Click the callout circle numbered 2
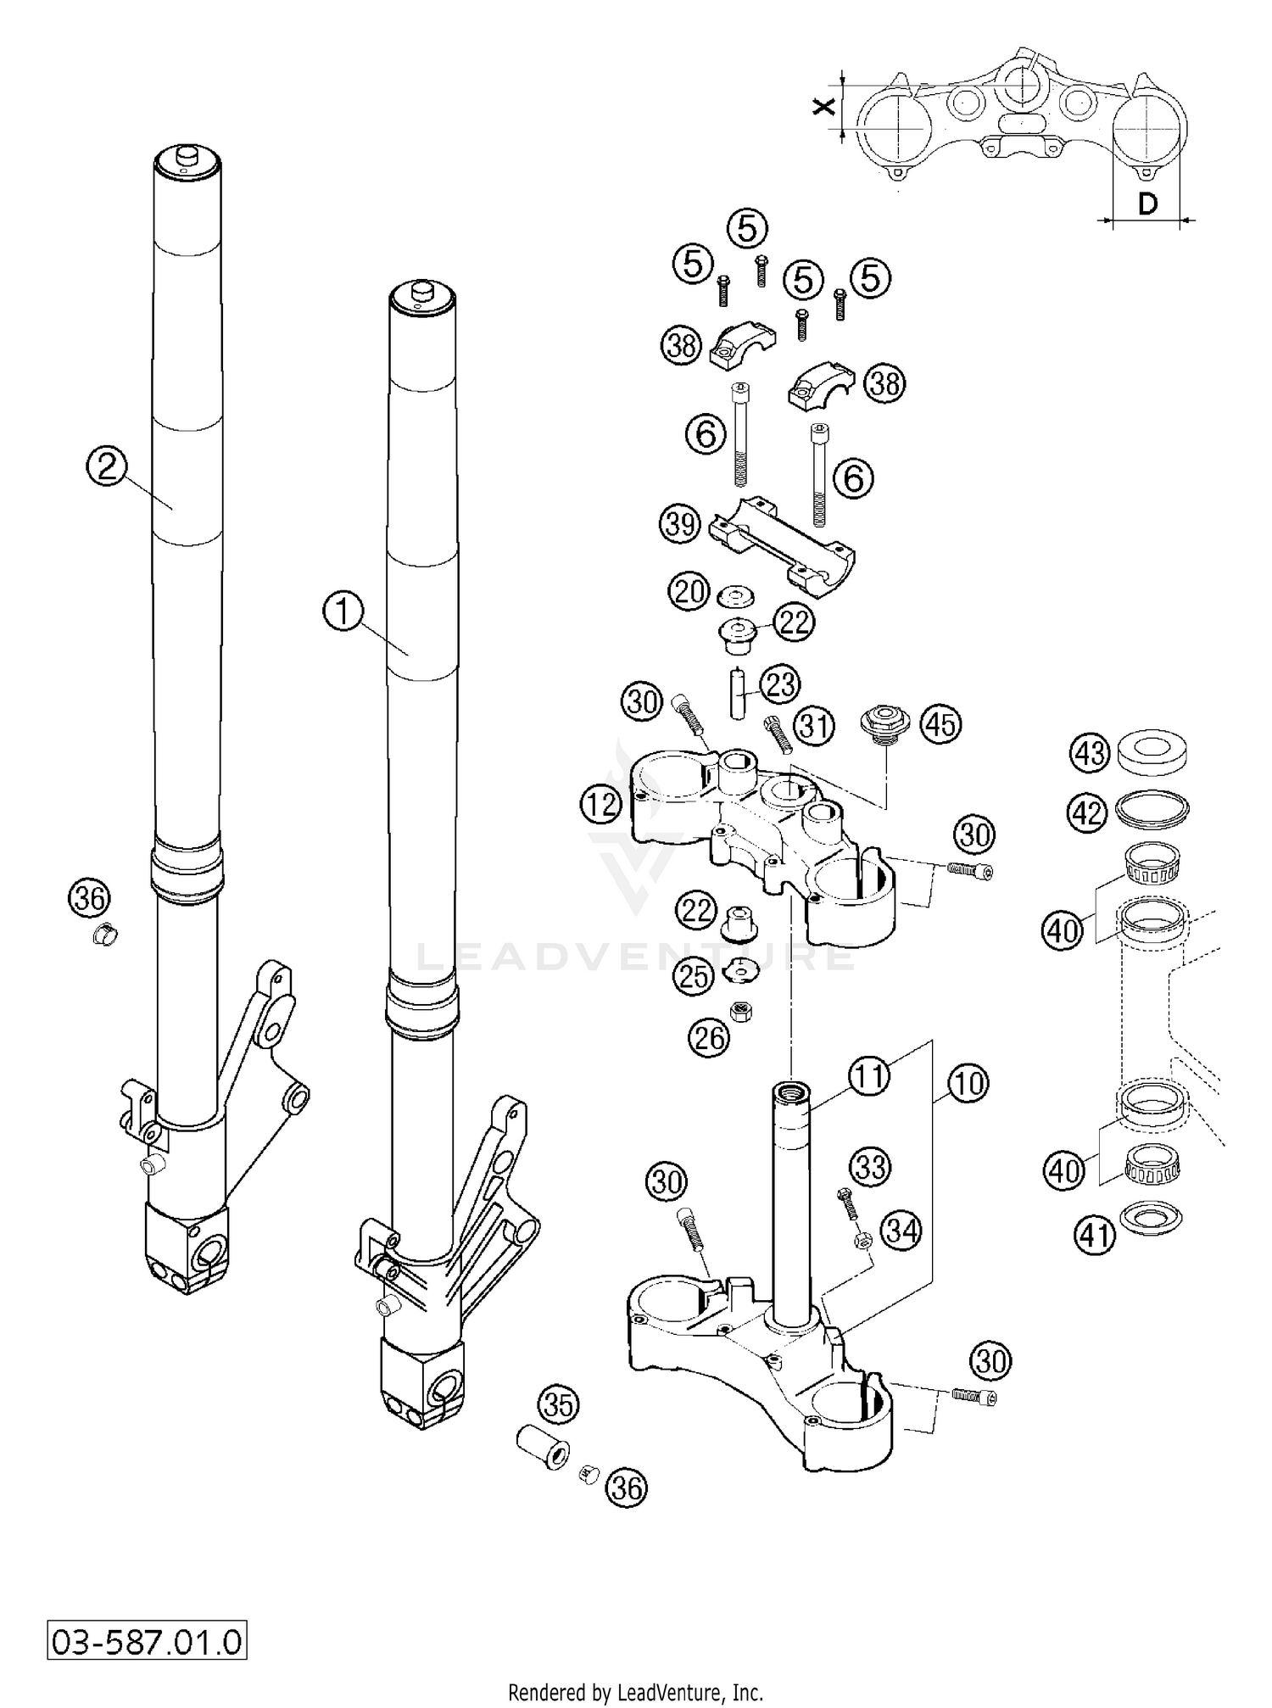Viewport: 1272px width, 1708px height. [107, 466]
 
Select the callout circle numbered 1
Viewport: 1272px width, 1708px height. [343, 611]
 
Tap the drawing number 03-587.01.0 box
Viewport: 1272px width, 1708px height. [146, 1641]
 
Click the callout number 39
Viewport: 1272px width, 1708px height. [680, 524]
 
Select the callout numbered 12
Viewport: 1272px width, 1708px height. [601, 802]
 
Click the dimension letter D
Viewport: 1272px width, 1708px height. [1146, 204]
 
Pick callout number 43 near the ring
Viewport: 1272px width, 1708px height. [1091, 751]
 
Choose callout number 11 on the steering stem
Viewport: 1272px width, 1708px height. [868, 1075]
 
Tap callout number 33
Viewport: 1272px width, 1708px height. [870, 1167]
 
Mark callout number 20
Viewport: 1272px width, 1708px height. [688, 590]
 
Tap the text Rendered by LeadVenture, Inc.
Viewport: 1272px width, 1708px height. [635, 1693]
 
